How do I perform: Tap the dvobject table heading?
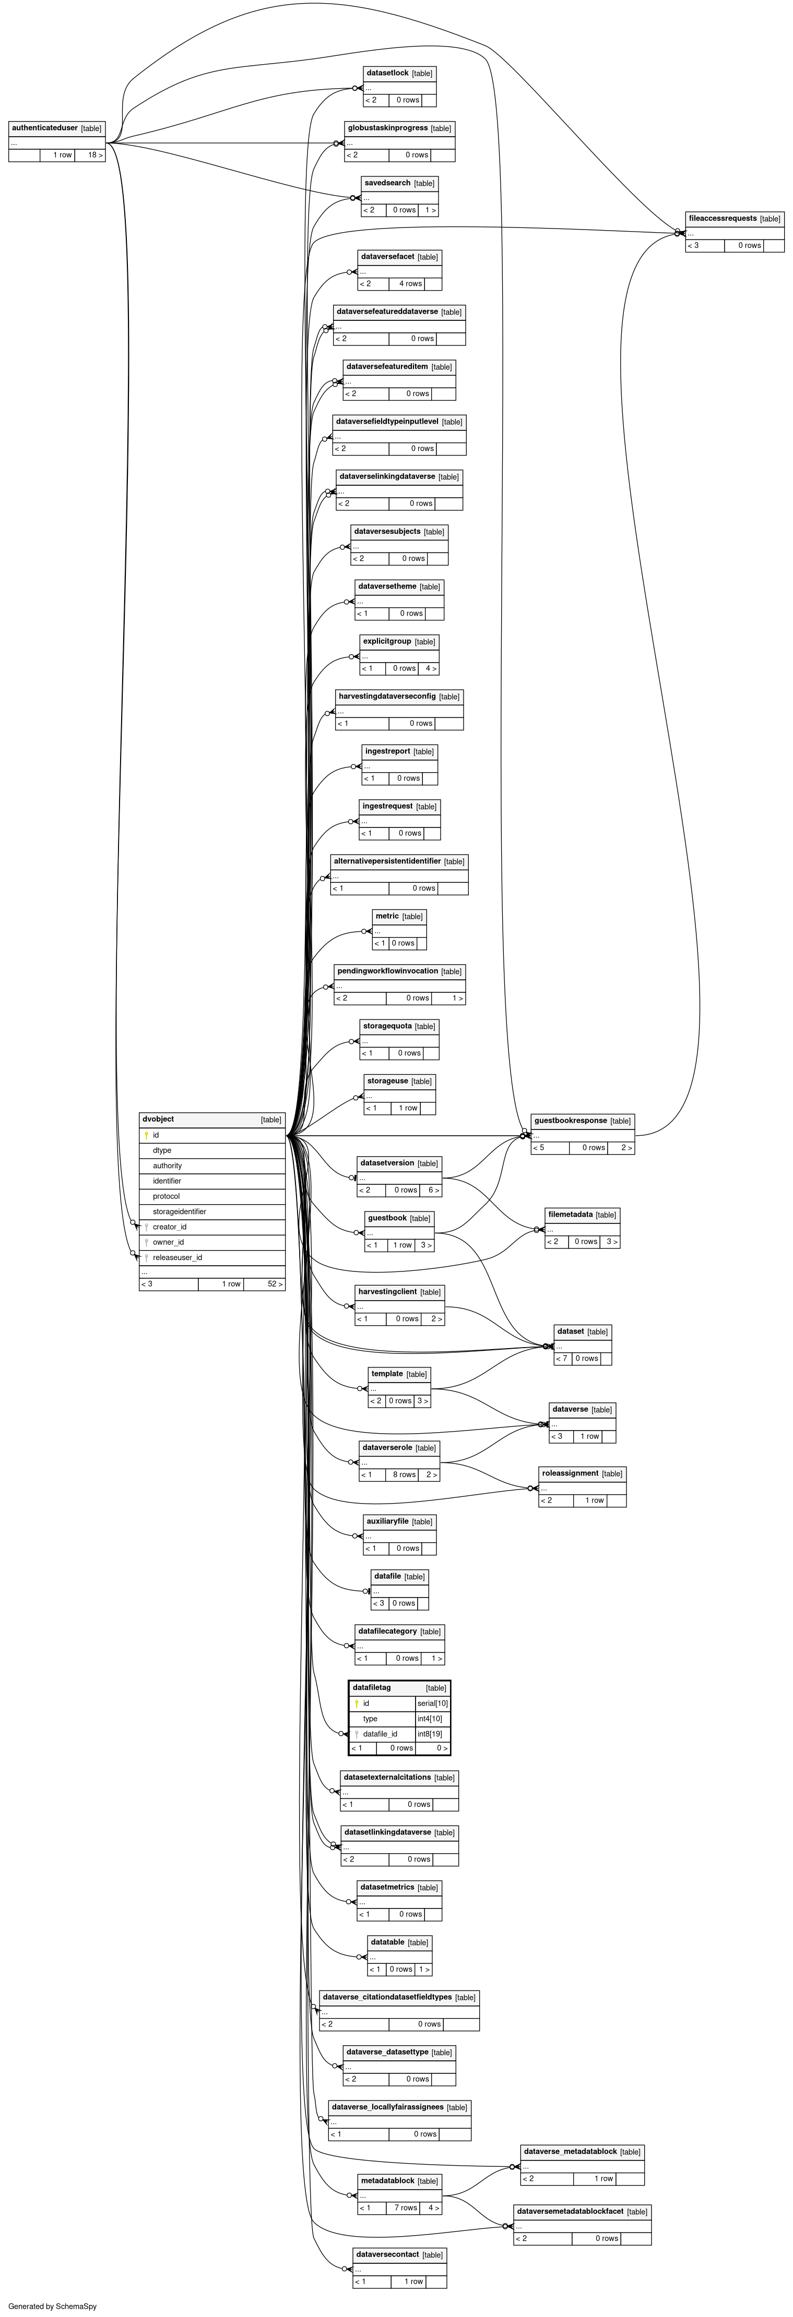(x=158, y=1119)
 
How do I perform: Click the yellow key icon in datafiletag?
(x=357, y=1703)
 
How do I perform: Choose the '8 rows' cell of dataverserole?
(x=403, y=1475)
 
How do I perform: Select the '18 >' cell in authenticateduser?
(x=94, y=155)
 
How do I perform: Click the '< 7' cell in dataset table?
(x=562, y=1358)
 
